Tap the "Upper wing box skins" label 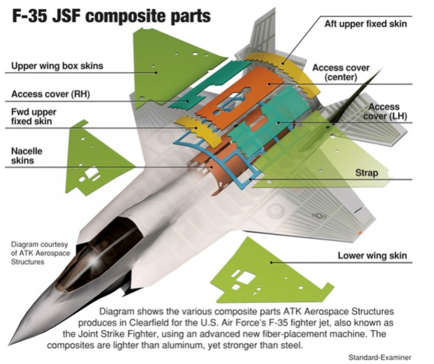point(57,66)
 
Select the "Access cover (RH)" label point(50,94)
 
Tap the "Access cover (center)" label point(341,72)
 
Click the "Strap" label point(366,173)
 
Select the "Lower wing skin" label point(372,256)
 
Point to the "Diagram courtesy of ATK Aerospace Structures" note point(39,253)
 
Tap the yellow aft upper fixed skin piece point(283,65)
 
